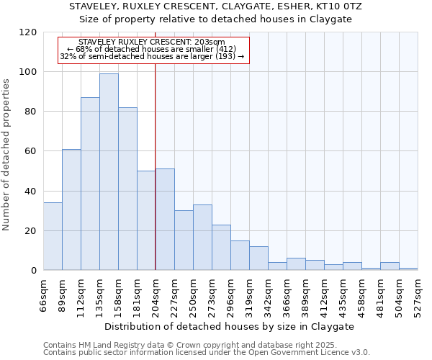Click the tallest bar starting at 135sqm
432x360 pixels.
pos(109,172)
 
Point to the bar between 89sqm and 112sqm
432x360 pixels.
pos(71,210)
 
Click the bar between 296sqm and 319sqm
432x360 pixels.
pos(240,256)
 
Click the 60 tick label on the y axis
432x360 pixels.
pos(31,151)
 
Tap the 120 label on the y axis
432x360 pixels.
pos(28,32)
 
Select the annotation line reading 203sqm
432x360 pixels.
pos(152,42)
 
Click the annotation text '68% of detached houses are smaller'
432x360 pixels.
pos(152,49)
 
